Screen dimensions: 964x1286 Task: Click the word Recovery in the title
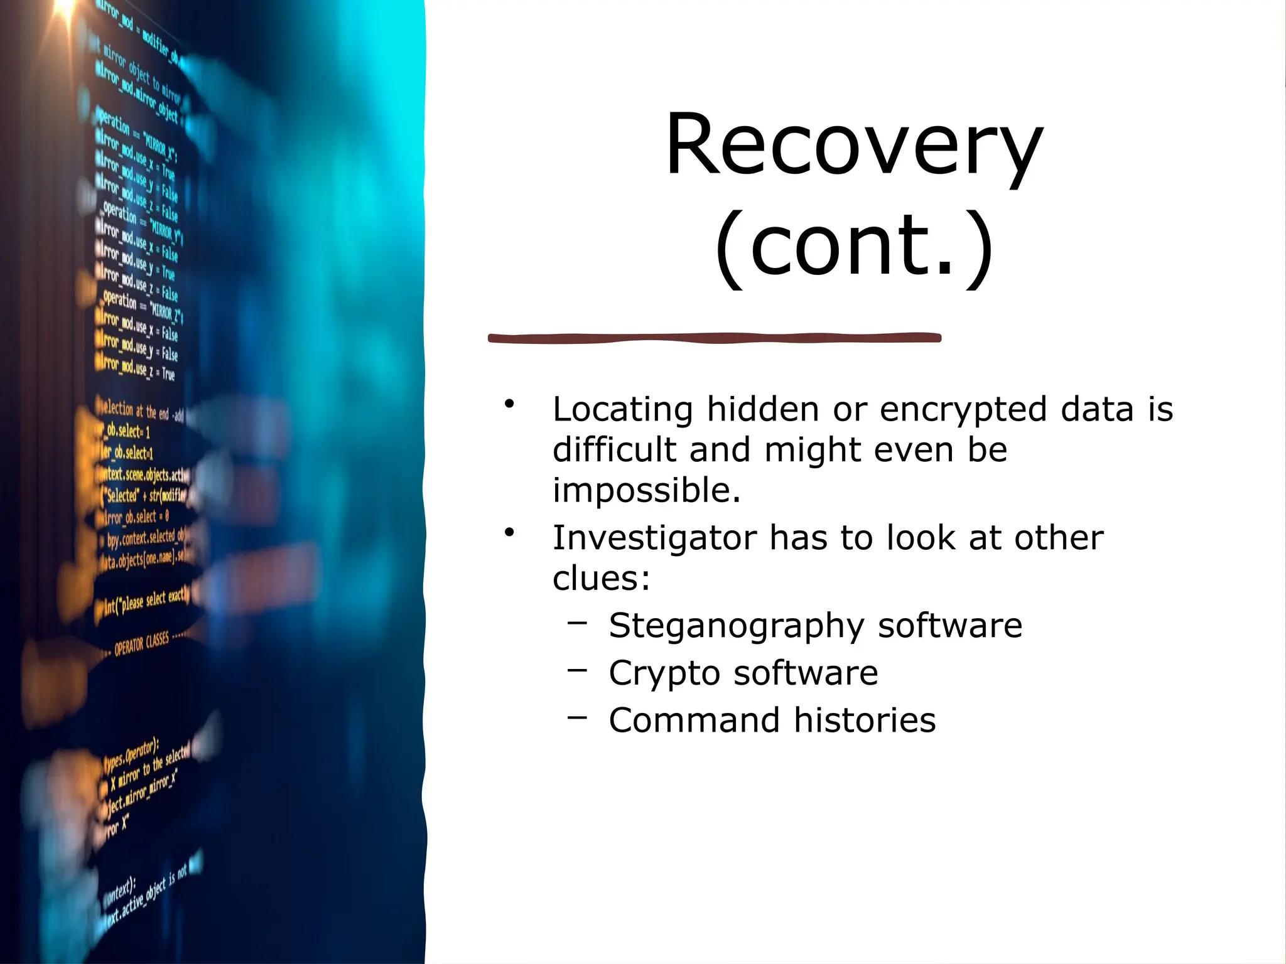853,146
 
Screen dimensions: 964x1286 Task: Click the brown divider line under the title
715,338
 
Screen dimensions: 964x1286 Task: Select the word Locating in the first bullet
622,410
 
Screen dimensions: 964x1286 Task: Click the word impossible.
646,490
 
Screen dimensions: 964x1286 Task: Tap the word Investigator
655,538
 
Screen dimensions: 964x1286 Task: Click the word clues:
601,578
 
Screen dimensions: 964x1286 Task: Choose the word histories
865,720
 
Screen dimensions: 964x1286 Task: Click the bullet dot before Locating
509,404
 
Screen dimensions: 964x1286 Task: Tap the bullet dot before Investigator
509,533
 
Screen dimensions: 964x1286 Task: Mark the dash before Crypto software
577,670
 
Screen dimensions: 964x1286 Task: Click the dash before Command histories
577,717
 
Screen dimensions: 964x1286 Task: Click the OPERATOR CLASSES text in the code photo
141,643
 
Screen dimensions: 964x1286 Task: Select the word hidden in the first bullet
763,410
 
